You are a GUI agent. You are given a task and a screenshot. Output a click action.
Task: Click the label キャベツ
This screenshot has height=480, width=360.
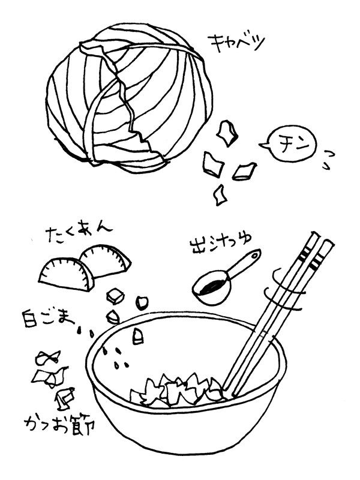[236, 44]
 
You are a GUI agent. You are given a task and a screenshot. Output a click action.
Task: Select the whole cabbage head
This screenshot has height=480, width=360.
[129, 96]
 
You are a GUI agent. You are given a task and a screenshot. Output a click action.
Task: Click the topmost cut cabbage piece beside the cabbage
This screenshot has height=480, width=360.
[226, 133]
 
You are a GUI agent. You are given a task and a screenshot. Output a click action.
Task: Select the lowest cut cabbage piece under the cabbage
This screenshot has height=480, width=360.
[220, 193]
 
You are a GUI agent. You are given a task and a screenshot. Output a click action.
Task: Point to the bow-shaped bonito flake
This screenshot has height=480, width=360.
[49, 358]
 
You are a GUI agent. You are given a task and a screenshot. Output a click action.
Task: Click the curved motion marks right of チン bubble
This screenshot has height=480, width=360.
[329, 158]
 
